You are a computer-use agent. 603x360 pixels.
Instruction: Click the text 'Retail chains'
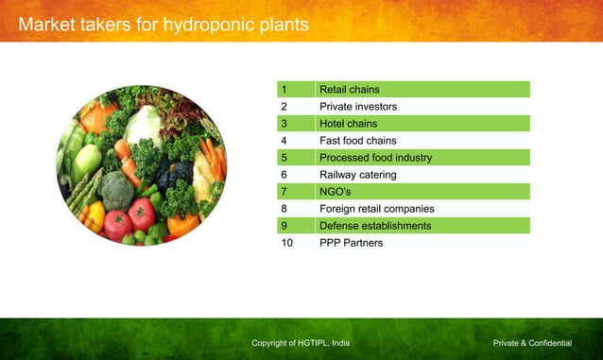349,90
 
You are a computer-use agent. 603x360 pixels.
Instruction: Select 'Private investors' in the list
357,107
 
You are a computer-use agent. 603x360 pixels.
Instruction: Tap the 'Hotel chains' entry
348,124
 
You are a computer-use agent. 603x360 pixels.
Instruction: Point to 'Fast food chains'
357,141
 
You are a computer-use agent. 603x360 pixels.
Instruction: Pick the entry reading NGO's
336,192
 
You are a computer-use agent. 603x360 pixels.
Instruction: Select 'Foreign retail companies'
376,209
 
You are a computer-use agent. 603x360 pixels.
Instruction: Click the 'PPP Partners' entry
351,243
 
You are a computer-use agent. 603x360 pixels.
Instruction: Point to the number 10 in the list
287,243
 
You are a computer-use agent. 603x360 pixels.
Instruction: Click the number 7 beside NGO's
284,192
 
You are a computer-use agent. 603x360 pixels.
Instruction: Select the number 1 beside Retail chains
284,90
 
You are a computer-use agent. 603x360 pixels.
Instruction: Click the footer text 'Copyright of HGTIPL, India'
301,342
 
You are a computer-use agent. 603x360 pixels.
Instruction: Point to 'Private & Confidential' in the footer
532,342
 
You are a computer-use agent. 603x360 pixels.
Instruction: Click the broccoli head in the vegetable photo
117,190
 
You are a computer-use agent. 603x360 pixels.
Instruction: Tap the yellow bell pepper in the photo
94,215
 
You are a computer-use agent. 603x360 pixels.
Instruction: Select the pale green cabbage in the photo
144,125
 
